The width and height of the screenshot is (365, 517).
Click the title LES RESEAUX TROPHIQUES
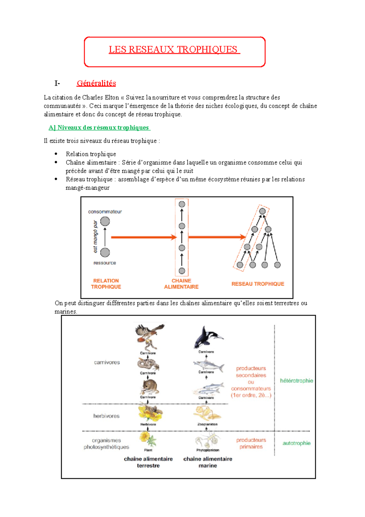(174, 49)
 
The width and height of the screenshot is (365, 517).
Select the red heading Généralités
(96, 83)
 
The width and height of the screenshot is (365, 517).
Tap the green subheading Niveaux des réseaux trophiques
(99, 128)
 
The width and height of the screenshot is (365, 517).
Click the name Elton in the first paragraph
(112, 97)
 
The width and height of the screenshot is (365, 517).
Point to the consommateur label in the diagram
(105, 212)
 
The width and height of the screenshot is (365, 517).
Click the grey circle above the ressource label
(105, 252)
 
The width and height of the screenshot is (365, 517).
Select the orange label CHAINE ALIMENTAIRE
(181, 284)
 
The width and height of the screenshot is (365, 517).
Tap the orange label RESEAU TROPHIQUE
(258, 284)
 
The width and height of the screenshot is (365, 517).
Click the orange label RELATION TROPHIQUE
(106, 284)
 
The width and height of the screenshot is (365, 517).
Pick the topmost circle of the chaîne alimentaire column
(182, 204)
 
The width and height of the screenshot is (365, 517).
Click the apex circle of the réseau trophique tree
(262, 211)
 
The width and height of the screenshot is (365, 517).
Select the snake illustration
(148, 364)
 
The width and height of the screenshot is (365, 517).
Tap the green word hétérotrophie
(296, 381)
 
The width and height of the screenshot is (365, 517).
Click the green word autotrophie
(296, 443)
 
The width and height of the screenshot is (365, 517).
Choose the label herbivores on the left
(106, 416)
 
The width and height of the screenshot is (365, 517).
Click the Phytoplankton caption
(207, 450)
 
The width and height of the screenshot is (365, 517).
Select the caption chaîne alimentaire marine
(207, 462)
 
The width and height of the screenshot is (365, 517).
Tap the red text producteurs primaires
(251, 443)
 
